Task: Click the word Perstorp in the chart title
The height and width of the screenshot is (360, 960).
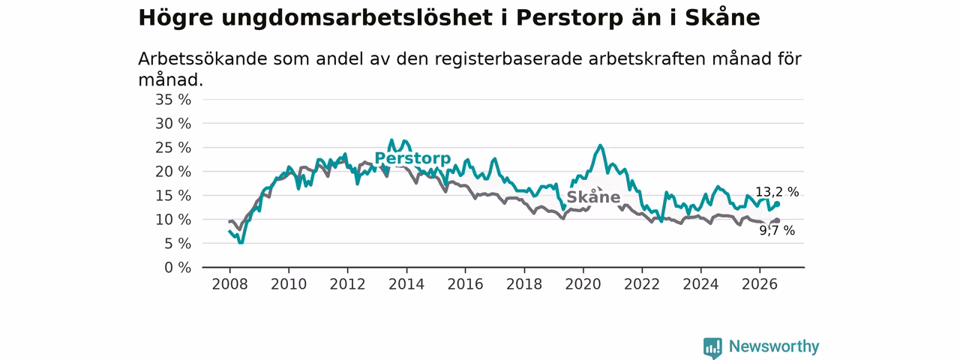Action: pos(569,19)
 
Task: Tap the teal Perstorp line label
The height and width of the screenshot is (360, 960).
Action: pos(412,158)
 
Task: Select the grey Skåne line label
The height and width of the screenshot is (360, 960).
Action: pos(593,196)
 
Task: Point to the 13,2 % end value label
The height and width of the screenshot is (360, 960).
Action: pos(777,192)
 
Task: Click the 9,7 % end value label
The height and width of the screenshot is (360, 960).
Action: pos(777,230)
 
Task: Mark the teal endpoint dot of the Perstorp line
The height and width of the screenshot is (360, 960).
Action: pos(777,205)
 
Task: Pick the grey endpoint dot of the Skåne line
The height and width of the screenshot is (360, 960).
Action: pos(777,220)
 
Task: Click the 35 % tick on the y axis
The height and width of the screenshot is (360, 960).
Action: pos(173,100)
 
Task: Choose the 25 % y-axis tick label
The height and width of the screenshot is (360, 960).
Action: pos(173,148)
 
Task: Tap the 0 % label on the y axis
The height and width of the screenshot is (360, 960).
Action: pos(178,268)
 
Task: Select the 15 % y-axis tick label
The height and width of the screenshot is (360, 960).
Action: pos(173,196)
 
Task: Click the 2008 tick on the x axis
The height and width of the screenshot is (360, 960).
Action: pos(229,284)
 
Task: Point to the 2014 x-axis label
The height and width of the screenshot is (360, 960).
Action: pos(406,284)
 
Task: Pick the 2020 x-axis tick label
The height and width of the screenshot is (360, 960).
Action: pos(583,284)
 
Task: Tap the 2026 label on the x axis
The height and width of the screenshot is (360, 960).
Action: pos(760,284)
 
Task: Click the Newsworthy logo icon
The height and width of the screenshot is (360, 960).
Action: pos(712,347)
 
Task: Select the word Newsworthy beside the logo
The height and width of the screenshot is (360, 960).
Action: pos(774,346)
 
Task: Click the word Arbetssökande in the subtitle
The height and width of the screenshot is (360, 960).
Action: pos(202,59)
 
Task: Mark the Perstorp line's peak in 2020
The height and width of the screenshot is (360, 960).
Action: pos(600,145)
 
